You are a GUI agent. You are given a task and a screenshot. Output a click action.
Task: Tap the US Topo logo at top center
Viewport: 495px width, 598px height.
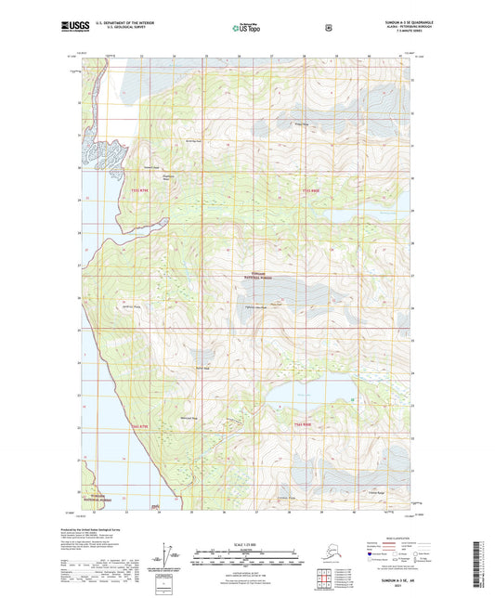click(246, 28)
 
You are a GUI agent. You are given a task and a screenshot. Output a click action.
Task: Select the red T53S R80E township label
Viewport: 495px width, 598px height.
click(313, 190)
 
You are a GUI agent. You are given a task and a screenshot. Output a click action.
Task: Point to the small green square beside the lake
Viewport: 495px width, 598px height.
click(354, 399)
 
